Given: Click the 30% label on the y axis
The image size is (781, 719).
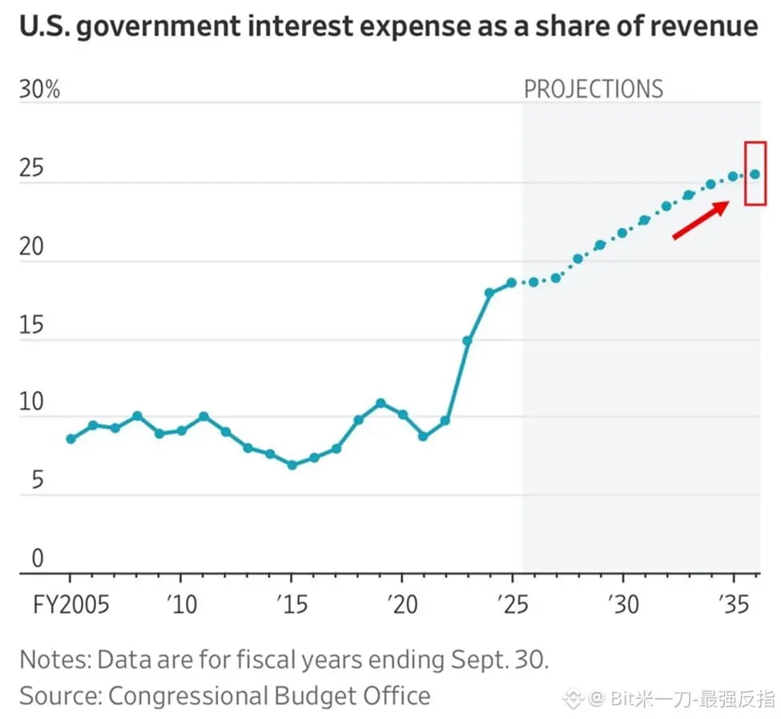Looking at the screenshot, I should [39, 89].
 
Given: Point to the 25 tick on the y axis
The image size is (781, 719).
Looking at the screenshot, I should [31, 170].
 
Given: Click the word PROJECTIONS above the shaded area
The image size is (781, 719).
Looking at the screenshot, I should [594, 89].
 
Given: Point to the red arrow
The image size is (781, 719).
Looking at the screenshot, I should [700, 220].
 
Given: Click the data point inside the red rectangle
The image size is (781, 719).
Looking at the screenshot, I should [755, 174].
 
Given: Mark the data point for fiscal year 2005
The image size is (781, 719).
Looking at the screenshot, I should [70, 438].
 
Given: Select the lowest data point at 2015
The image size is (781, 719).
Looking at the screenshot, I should [292, 465].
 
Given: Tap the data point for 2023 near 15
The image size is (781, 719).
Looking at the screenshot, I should [467, 341].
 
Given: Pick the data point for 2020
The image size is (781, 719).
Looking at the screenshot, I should [403, 414].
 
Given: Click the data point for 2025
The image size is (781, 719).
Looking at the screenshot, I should [511, 283].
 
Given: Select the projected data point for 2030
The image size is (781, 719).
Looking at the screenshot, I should [622, 233].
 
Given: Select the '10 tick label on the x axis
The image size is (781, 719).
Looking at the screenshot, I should [182, 603].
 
